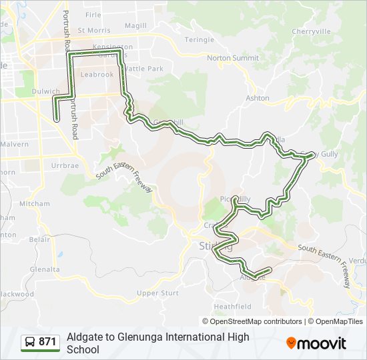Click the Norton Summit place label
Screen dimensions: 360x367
(x=232, y=58)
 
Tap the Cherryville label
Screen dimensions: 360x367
(x=311, y=31)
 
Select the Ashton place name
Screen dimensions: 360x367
(x=258, y=98)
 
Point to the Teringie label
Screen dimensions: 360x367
(x=199, y=40)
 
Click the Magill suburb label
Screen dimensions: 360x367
(x=135, y=26)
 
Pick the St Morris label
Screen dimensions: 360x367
(x=93, y=30)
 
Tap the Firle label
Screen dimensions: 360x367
(x=93, y=15)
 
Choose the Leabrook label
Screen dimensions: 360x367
(x=97, y=75)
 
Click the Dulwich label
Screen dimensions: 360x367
(x=45, y=92)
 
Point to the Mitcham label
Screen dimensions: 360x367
(x=35, y=203)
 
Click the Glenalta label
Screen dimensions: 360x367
(x=44, y=269)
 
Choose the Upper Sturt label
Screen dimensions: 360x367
(x=157, y=293)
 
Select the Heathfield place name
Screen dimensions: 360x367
(x=233, y=307)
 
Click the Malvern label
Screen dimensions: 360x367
(x=14, y=143)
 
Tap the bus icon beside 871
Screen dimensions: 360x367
(x=30, y=343)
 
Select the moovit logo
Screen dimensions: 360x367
(x=316, y=343)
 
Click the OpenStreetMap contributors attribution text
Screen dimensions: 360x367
(x=256, y=321)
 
